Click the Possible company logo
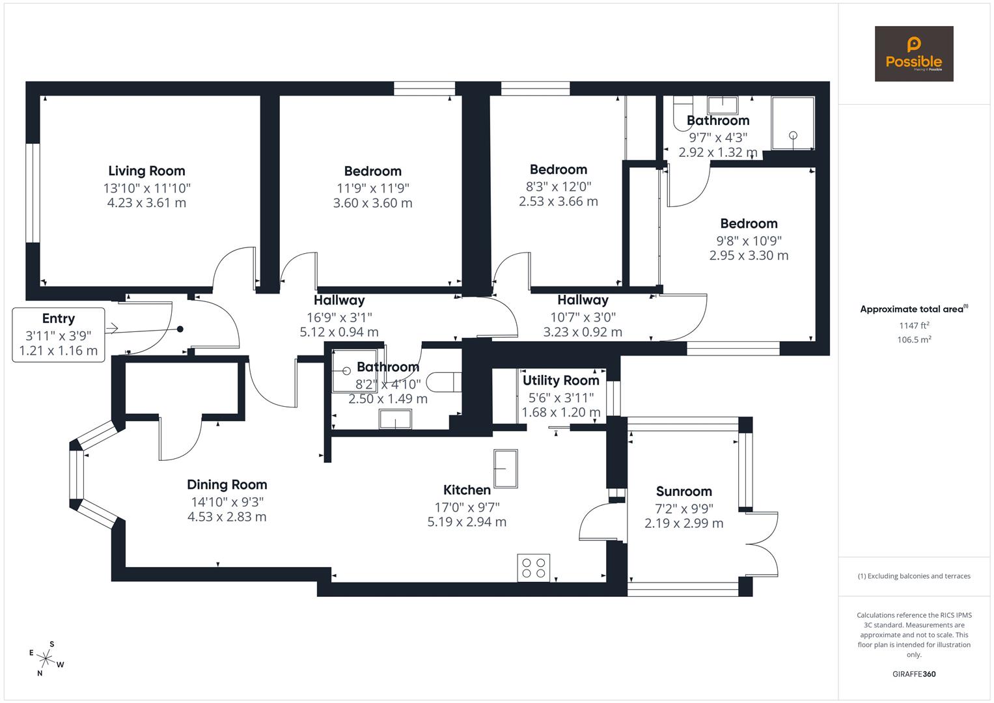913,53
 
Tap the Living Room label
146,171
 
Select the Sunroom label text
683,491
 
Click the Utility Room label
560,381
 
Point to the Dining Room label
227,485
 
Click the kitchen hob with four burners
533,567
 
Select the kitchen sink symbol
505,469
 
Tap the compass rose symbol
46,658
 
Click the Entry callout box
59,335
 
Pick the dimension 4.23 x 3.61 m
146,203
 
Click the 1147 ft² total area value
914,325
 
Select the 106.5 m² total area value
914,340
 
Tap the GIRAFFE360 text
914,674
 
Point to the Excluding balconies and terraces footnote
914,576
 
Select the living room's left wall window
33,193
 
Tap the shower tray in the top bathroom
792,123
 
